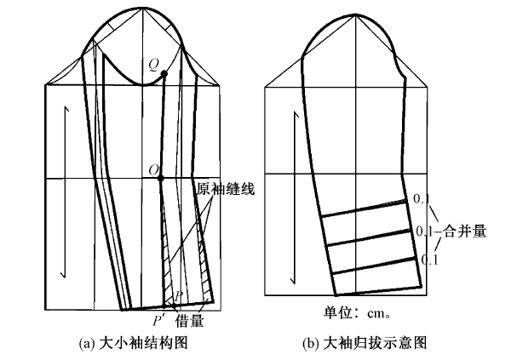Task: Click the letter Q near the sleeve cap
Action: (x=153, y=63)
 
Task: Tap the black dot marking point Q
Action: (x=164, y=75)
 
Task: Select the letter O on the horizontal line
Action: (x=153, y=170)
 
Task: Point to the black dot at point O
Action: (x=162, y=177)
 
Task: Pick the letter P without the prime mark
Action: (x=178, y=296)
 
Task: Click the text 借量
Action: (x=189, y=321)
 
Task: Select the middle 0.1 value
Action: (x=424, y=231)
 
